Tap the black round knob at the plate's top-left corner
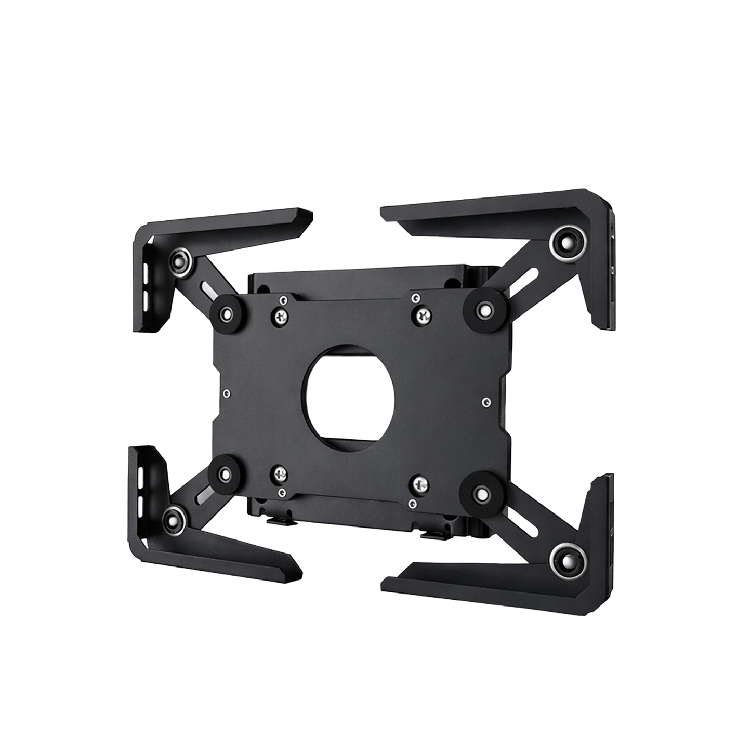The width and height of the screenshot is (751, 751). [x=225, y=312]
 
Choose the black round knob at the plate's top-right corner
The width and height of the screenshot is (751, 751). [x=483, y=310]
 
